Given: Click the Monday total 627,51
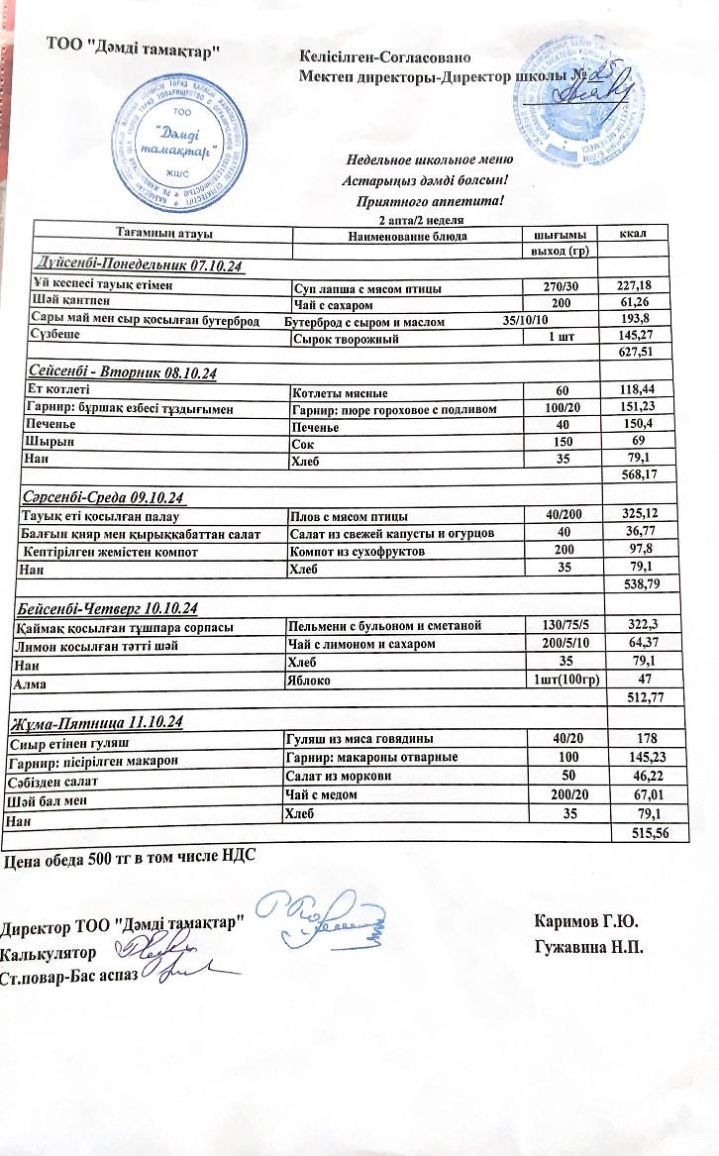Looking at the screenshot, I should (x=639, y=353).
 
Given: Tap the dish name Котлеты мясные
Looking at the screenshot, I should (x=338, y=393).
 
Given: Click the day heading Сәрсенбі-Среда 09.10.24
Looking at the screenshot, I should (x=105, y=496).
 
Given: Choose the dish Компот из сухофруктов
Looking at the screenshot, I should (x=356, y=551).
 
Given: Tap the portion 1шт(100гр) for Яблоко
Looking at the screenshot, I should (x=562, y=682).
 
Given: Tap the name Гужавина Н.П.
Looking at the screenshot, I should (x=588, y=947).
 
